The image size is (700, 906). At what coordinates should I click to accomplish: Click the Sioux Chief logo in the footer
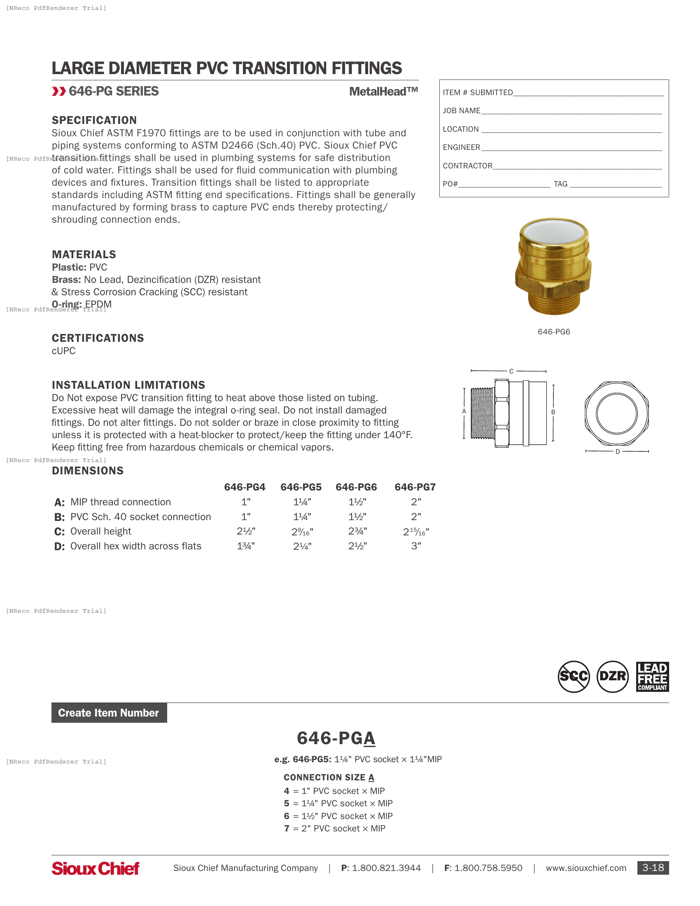click(x=95, y=868)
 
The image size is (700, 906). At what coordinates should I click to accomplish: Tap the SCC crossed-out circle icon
click(x=574, y=677)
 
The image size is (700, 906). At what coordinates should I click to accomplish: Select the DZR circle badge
click(x=613, y=677)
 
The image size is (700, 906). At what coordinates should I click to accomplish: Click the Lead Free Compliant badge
click(x=652, y=677)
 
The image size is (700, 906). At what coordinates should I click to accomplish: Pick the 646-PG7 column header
click(x=415, y=487)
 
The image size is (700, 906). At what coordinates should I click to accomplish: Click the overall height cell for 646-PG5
click(x=302, y=532)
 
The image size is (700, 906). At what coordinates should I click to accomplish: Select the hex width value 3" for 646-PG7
click(x=416, y=546)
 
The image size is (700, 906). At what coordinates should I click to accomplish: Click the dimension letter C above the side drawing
click(x=511, y=371)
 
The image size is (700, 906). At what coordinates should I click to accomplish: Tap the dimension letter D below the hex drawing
click(x=618, y=452)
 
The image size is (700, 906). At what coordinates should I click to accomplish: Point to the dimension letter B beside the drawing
click(x=553, y=412)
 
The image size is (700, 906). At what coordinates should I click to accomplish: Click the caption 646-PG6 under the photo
click(x=553, y=332)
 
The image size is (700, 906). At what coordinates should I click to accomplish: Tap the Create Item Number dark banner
click(x=109, y=713)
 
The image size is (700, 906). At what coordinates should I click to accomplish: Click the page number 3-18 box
click(x=653, y=868)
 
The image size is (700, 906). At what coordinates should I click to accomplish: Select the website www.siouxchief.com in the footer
click(x=586, y=868)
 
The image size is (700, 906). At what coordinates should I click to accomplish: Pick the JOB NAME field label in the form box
click(x=461, y=111)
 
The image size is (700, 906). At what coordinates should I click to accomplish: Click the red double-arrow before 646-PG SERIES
click(x=59, y=91)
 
